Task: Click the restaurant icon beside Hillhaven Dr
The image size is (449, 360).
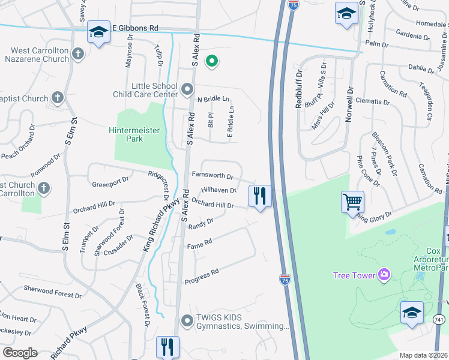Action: pos(260,196)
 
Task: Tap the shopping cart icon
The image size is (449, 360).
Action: pos(352,202)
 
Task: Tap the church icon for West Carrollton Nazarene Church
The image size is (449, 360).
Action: pos(77,55)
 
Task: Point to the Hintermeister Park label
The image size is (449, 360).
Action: pos(126,134)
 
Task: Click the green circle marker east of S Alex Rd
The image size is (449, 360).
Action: pos(211,60)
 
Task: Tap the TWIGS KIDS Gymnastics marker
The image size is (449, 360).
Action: pos(187,322)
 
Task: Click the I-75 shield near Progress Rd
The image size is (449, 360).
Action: pos(285,280)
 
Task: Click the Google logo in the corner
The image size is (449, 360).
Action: pos(20,353)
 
